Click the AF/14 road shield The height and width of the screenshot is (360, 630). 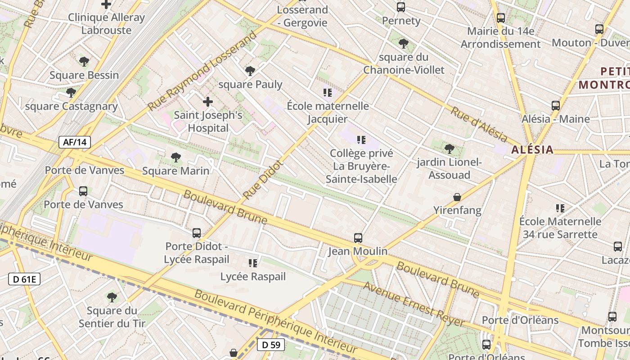point(75,143)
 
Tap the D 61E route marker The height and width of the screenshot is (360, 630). point(24,279)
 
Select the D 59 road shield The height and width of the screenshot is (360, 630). point(271,345)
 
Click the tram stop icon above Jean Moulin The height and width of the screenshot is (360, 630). point(358,238)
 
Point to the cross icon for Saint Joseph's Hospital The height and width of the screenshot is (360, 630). point(208,102)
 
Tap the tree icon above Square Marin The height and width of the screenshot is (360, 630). point(176,157)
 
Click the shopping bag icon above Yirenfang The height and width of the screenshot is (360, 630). point(457,197)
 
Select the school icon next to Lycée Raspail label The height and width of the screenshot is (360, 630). point(253,263)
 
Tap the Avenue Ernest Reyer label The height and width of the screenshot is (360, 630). point(414,305)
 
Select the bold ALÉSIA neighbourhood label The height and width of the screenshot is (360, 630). point(532,150)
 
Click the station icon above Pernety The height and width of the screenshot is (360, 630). point(401,7)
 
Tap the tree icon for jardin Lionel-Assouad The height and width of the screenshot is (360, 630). point(449,148)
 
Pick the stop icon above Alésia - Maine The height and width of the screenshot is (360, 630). point(556,106)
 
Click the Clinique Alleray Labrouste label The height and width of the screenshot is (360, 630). point(106,24)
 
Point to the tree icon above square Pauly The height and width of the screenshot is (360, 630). point(250,71)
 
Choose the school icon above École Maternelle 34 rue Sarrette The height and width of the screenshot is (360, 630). point(560,208)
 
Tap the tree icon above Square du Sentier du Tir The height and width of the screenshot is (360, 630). point(112,297)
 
